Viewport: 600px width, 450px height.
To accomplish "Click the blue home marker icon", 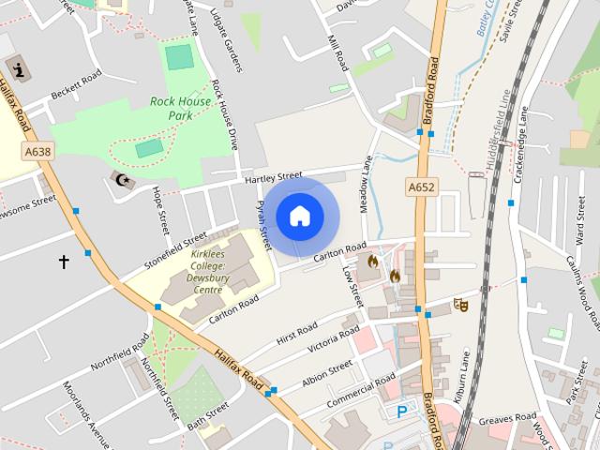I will coord(300,217).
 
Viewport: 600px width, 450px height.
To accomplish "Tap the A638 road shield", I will coord(38,151).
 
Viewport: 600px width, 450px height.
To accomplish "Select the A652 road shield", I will coord(422,187).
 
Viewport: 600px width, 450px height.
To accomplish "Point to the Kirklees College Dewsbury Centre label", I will coord(207,272).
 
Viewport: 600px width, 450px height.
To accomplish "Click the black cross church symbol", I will coord(64,262).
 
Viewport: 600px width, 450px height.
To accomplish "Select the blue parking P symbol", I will coord(402,412).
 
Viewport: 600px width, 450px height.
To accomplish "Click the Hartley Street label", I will coord(273,176).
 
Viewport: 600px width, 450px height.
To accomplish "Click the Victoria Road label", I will coord(334,339).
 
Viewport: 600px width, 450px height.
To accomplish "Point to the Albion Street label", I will coord(327,370).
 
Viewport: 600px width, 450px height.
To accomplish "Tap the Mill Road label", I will coord(337,54).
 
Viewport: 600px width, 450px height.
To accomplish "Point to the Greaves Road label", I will coord(507,419).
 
